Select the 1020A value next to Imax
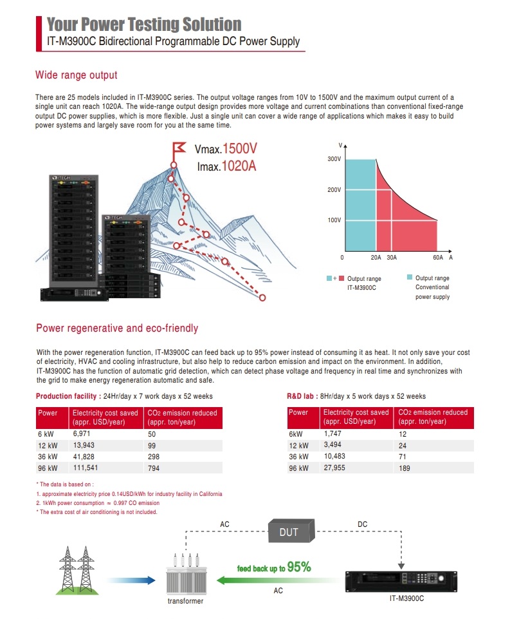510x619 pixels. point(239,166)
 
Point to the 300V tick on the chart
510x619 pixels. point(334,158)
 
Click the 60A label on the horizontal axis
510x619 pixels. point(438,257)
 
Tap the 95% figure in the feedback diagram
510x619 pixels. point(299,567)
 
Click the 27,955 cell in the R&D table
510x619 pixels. point(334,468)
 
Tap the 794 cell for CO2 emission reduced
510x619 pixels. point(154,468)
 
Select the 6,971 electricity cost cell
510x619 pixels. point(83,435)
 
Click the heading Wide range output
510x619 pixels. point(77,75)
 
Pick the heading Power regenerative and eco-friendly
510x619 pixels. point(117,328)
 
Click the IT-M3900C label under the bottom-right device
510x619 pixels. point(407,598)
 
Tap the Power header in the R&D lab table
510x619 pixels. point(298,412)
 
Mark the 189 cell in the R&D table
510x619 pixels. point(405,468)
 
